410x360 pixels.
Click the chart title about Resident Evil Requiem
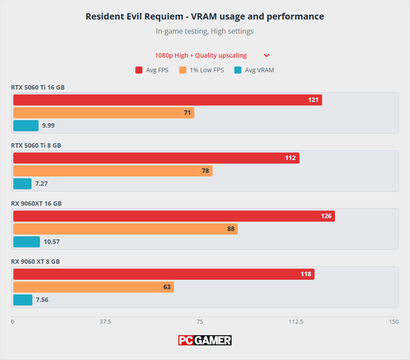click(x=205, y=16)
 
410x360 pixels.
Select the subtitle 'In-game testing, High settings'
click(x=205, y=31)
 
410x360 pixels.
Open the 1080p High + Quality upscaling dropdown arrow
click(x=266, y=55)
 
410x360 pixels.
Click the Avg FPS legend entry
click(x=153, y=70)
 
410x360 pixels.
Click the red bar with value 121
click(x=167, y=100)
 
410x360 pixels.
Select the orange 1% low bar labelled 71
click(x=103, y=113)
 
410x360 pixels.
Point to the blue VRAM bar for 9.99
click(x=26, y=126)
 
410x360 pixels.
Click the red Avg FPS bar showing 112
click(x=156, y=158)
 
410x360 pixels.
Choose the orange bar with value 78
click(x=113, y=171)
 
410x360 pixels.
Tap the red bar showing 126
click(x=174, y=216)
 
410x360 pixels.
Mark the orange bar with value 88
click(x=125, y=229)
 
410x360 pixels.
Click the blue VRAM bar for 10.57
click(x=27, y=242)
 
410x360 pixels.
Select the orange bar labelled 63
click(x=93, y=287)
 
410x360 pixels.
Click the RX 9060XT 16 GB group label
click(x=40, y=203)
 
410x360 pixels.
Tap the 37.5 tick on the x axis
click(x=106, y=321)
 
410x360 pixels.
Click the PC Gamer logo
click(x=205, y=340)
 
